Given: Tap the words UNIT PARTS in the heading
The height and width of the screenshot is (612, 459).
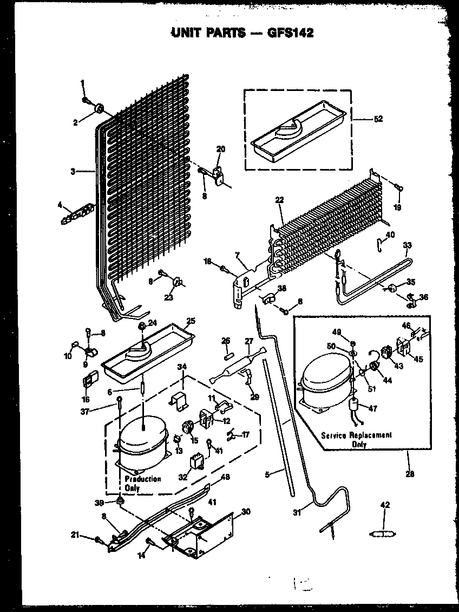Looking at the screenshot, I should [207, 33].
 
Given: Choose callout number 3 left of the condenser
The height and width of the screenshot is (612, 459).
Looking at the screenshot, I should [73, 172].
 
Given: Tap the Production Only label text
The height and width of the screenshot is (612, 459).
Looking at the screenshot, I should [142, 483].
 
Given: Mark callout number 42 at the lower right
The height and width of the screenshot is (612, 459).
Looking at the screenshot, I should [385, 505].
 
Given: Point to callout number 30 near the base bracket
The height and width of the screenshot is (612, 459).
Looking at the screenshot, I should [246, 512].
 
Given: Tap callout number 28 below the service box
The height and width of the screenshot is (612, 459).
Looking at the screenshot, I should [409, 474].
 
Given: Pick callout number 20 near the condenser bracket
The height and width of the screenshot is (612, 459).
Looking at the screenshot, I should [221, 149].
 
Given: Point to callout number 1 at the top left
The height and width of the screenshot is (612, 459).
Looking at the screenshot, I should [83, 83].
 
